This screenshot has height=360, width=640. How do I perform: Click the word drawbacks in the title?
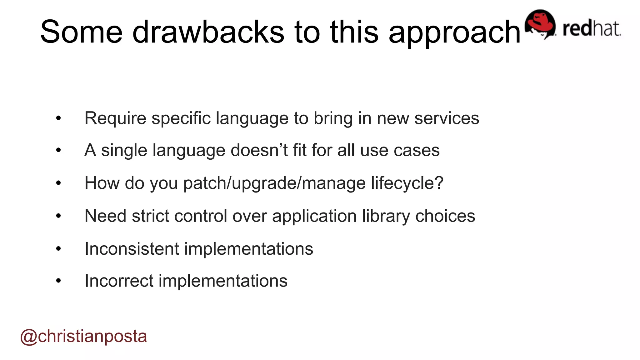coord(208,32)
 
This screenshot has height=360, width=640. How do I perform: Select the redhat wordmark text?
coord(592,29)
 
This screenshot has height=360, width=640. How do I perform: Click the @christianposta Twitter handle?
coord(83,336)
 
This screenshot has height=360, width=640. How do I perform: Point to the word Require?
coord(115,118)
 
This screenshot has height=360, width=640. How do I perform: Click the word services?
coord(447,118)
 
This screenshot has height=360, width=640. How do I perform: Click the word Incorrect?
coord(119,281)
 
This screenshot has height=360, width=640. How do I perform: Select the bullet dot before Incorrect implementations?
coord(58,281)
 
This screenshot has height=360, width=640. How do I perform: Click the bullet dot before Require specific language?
coord(58,118)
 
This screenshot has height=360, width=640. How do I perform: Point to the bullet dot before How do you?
coord(58,183)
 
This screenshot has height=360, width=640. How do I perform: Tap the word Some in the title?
coord(81,32)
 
